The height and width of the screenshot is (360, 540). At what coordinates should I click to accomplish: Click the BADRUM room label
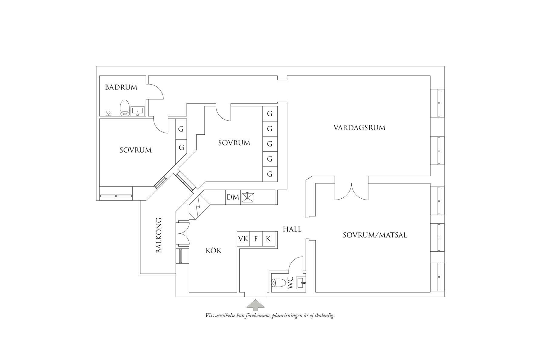[121, 87]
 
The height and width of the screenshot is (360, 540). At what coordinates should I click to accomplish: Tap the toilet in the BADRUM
[124, 108]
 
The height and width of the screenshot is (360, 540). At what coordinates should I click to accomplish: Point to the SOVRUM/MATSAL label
[375, 235]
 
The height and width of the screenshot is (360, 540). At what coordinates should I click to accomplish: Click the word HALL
[292, 229]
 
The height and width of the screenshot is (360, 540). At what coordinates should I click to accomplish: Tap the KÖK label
[214, 251]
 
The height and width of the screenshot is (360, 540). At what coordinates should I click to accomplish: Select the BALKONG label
[159, 235]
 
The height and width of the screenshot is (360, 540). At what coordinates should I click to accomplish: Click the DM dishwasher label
[233, 197]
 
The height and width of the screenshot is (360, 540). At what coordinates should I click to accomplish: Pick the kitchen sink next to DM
[248, 197]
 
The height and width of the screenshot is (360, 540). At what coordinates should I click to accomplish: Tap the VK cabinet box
[243, 239]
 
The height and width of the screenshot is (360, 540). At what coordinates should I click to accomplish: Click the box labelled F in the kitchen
[256, 239]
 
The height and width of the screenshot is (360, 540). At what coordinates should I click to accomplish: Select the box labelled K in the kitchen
[268, 239]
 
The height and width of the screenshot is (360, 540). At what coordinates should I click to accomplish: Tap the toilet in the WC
[278, 283]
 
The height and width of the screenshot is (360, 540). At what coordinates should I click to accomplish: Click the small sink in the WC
[301, 283]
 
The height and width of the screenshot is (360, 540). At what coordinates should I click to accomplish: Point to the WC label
[290, 283]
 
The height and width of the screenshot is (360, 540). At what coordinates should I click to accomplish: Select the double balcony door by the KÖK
[183, 233]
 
